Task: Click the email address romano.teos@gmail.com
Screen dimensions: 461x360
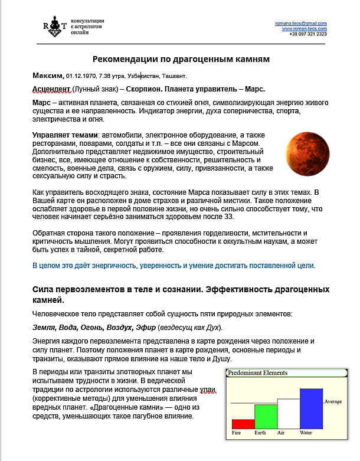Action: (300, 24)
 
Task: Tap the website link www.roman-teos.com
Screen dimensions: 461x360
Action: (304, 28)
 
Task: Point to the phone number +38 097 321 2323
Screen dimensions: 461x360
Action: (307, 34)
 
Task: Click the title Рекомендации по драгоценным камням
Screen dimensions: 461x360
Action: (181, 59)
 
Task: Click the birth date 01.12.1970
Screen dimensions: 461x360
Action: (80, 76)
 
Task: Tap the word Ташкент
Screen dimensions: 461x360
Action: (172, 76)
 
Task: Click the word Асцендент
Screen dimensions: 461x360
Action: (51, 89)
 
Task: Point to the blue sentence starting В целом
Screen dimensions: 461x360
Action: (174, 266)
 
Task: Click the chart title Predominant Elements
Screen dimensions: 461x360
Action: (259, 372)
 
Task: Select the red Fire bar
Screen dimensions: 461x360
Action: (243, 423)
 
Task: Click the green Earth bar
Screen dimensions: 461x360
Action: (265, 416)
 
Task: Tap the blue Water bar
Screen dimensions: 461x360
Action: (311, 408)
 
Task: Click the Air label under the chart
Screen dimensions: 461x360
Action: (280, 433)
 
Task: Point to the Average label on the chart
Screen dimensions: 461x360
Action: (333, 401)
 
